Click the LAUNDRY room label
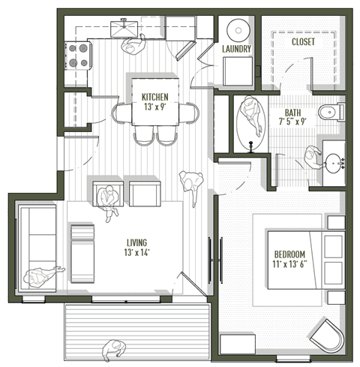click(236, 50)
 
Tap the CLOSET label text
click(303, 42)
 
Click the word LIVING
click(136, 242)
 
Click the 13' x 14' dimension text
click(136, 253)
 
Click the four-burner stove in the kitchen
click(79, 55)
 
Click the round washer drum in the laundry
click(238, 32)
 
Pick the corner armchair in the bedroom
click(327, 335)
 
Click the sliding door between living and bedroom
click(212, 260)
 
